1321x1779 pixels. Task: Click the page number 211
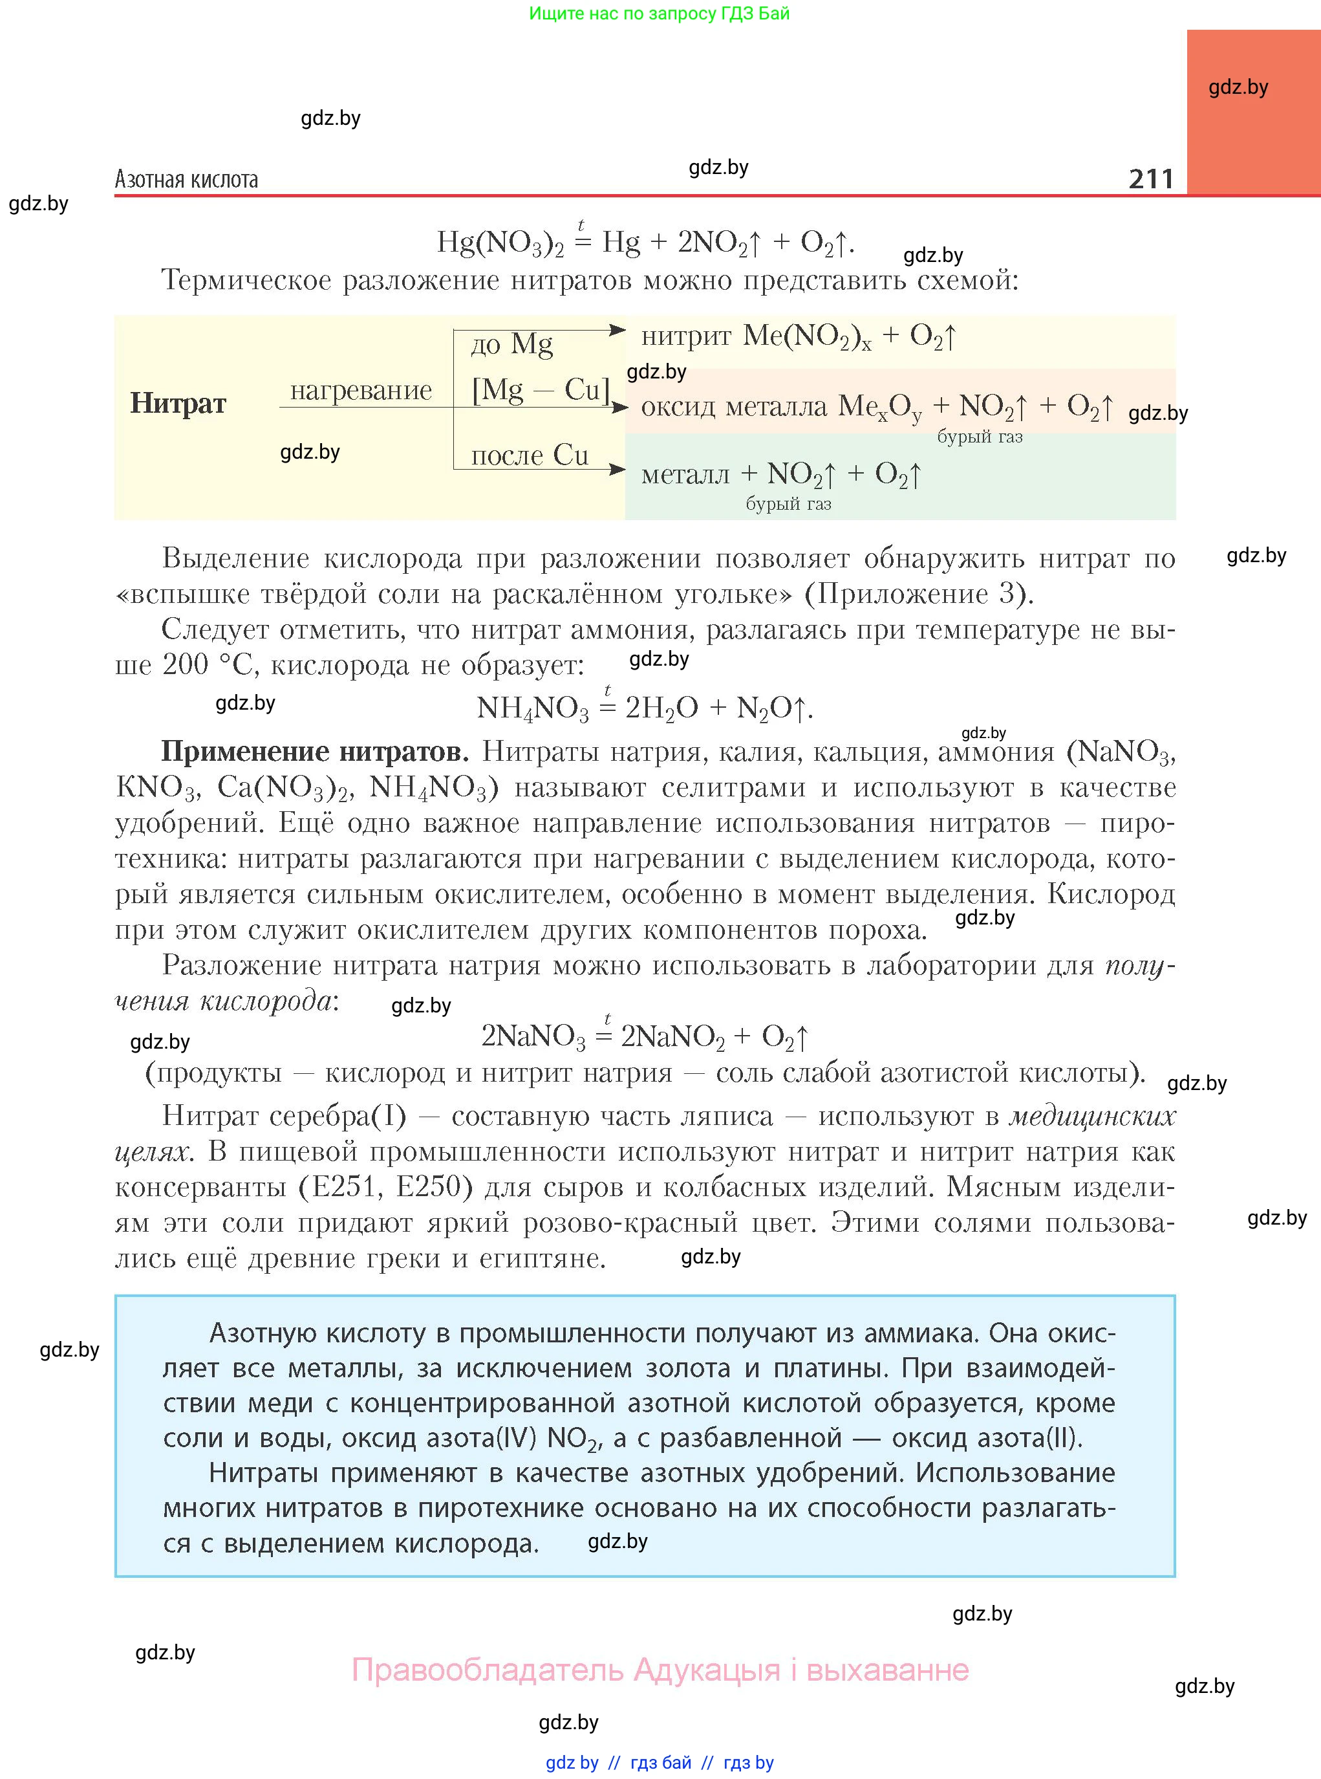tap(1151, 179)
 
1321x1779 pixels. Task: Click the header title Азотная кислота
tap(186, 179)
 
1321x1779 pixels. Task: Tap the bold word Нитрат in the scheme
tap(178, 403)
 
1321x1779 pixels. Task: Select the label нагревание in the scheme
tap(361, 390)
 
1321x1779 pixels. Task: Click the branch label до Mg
tap(511, 344)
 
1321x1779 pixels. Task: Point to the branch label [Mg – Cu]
tap(541, 390)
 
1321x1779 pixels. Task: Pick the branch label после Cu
tap(530, 455)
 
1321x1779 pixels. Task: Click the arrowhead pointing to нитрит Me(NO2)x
tap(618, 329)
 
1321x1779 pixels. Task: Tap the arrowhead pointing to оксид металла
tap(619, 407)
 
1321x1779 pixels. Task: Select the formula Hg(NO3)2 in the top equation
tap(500, 243)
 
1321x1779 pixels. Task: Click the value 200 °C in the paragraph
tap(208, 665)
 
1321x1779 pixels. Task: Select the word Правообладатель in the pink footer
tap(488, 1670)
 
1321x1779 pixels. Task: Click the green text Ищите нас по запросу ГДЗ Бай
tap(659, 14)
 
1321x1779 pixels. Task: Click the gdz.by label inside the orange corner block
tap(1238, 87)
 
